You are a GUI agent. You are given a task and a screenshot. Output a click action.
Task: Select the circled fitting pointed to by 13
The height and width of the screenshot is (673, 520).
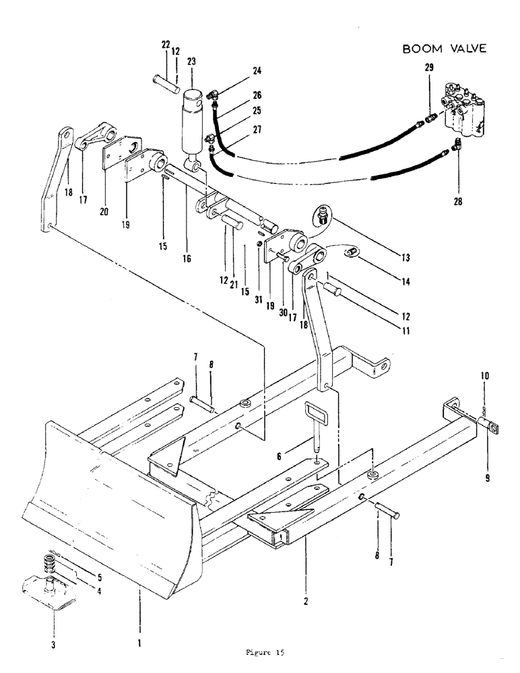click(323, 215)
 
